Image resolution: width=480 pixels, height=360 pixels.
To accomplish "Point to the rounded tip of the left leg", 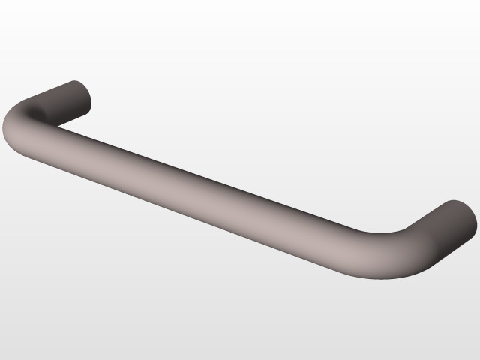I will pyautogui.click(x=84, y=94).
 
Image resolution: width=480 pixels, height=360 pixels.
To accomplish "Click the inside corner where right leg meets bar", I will pyautogui.click(x=405, y=229).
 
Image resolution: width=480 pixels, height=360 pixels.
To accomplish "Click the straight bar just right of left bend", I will pyautogui.click(x=82, y=150).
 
